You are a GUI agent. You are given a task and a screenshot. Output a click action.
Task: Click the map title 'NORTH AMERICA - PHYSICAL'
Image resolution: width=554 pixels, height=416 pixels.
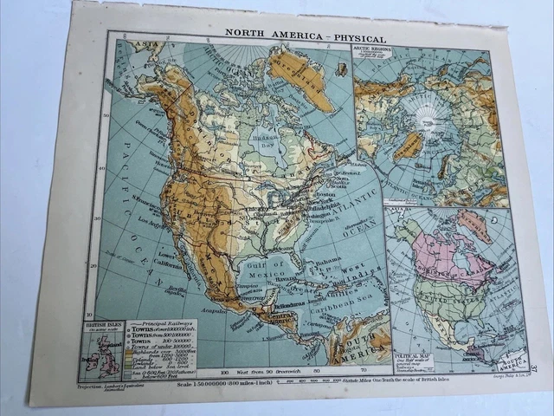point(305,39)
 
